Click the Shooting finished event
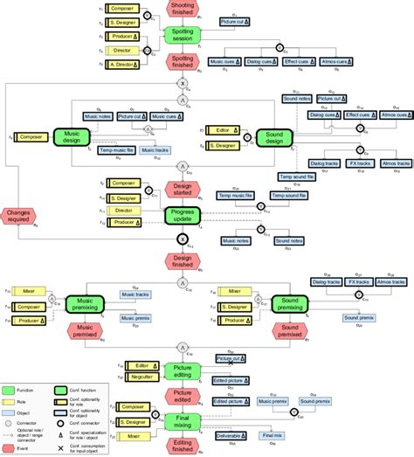(183, 10)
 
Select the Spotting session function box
(183, 36)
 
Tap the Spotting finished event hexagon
(183, 63)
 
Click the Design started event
(183, 190)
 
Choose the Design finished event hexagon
(183, 261)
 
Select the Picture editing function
(183, 370)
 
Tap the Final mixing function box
(183, 423)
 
